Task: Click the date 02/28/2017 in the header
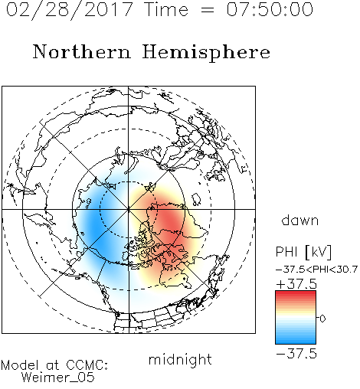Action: coord(70,10)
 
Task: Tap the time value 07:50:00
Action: coord(270,9)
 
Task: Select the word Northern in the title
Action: coord(82,51)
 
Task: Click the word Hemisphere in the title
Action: coord(206,53)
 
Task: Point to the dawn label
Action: coord(300,220)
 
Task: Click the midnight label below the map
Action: coord(180,359)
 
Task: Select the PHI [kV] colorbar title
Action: coord(303,252)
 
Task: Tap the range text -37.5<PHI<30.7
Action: coord(316,270)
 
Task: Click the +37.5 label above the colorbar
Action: coord(296,284)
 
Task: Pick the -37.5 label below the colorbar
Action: coord(296,354)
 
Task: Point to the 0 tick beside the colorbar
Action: coord(322,319)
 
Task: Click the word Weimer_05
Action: coord(58,378)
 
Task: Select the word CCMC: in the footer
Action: coord(87,365)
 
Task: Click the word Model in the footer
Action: coord(20,365)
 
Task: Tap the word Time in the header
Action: coord(166,10)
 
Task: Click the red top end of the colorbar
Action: coord(296,293)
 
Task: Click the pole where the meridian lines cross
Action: coord(129,209)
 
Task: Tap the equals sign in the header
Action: coord(208,10)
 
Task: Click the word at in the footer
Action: coord(53,365)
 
